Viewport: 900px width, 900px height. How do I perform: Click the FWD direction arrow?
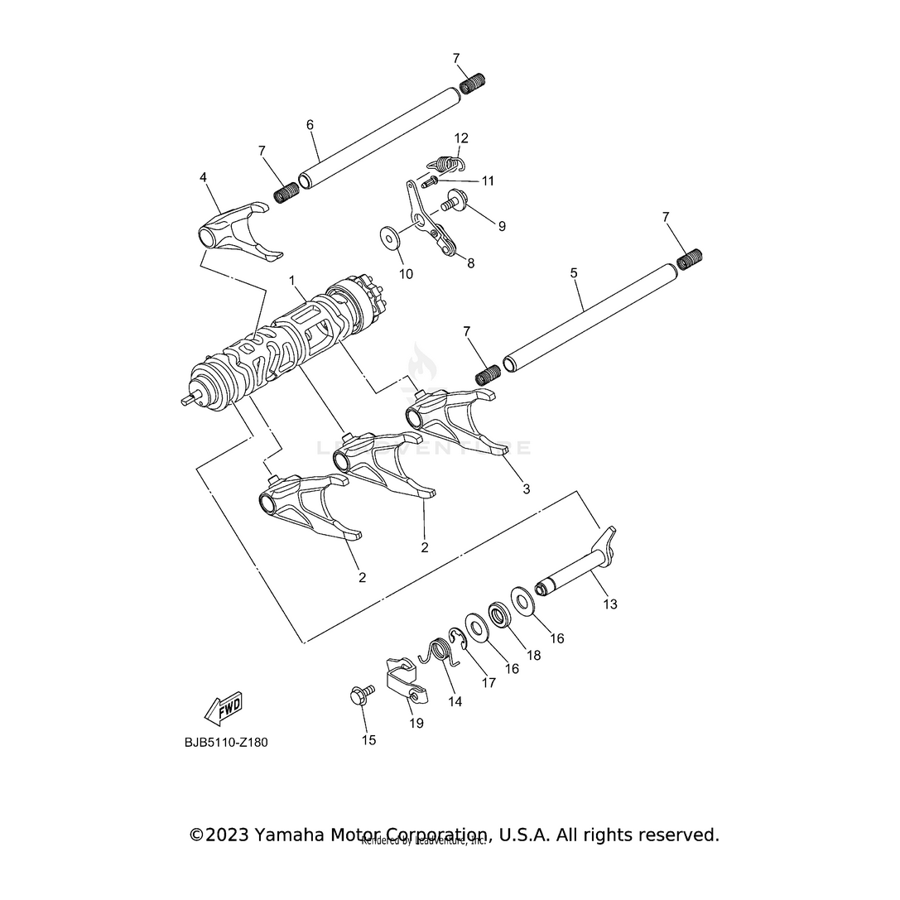pos(223,708)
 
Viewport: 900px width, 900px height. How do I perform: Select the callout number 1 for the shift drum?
pos(291,282)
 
